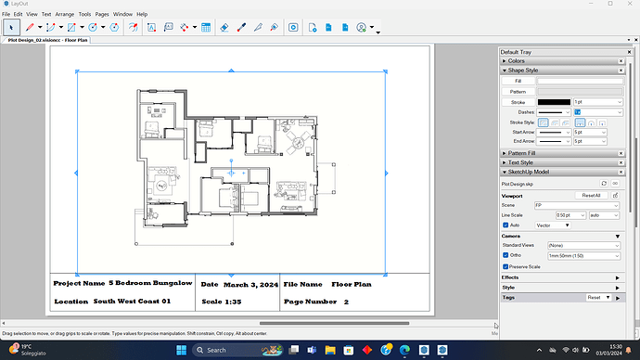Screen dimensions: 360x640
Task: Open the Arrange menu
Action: coord(66,15)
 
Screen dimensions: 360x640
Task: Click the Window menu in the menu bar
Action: coord(122,15)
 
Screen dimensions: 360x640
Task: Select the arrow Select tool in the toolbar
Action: coord(11,28)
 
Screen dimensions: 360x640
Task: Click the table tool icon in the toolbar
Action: coord(205,28)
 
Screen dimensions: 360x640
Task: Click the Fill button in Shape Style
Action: coord(518,81)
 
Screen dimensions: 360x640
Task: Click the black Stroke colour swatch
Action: coord(554,101)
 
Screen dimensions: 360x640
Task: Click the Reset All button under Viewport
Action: coord(592,196)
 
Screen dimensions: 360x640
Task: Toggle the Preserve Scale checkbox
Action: coord(506,266)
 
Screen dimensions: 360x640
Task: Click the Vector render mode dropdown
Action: coord(554,225)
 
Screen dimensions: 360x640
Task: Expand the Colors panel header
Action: coord(517,61)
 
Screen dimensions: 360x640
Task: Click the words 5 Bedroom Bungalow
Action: coord(150,283)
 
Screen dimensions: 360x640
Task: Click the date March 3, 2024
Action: coord(251,283)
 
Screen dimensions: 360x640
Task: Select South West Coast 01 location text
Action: coord(132,302)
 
